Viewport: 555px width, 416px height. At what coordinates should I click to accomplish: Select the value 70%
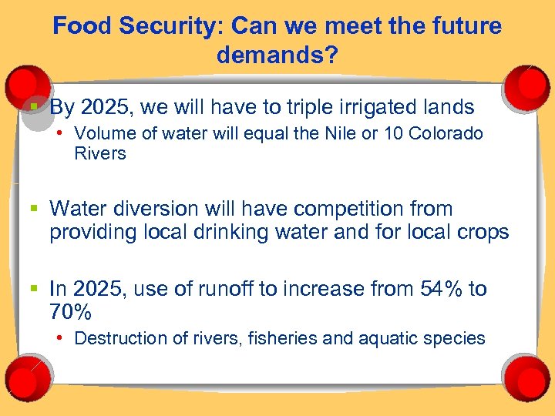click(70, 313)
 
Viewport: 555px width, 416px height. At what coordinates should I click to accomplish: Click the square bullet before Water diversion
click(35, 209)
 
